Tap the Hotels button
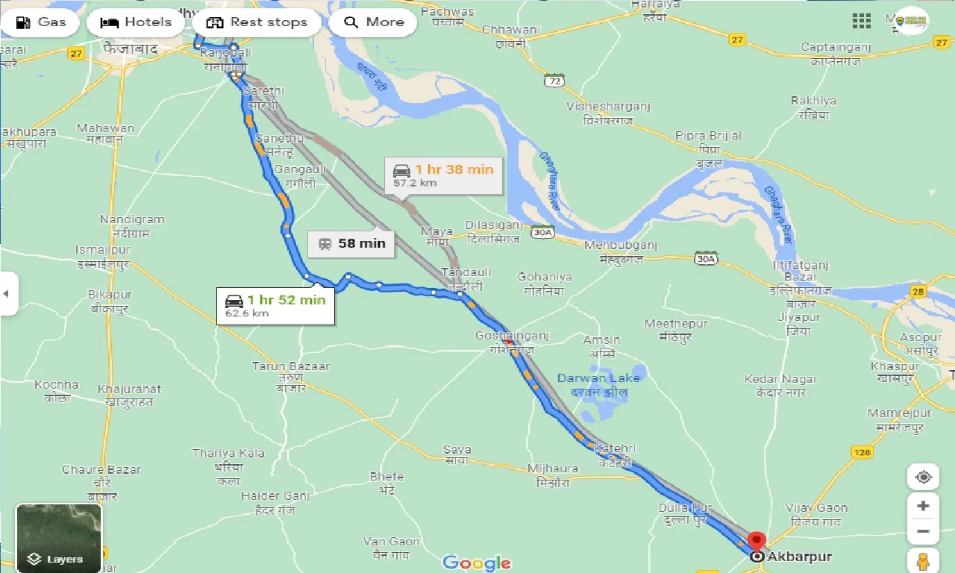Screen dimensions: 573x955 tap(135, 22)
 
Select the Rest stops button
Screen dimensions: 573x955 tap(257, 22)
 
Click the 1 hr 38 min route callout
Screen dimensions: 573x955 tap(445, 175)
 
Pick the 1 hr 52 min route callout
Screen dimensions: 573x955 tap(276, 305)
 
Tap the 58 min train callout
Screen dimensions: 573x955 tap(351, 243)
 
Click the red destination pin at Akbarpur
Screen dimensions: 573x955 tap(757, 541)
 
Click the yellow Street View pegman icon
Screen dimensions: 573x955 tap(923, 561)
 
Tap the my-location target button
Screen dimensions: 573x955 tap(923, 477)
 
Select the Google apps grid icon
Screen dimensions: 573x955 tap(862, 21)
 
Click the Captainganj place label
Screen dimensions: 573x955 tap(836, 48)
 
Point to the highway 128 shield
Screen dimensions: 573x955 tap(862, 452)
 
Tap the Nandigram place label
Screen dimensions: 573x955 tap(132, 220)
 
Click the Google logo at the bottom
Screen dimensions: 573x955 tap(477, 563)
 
